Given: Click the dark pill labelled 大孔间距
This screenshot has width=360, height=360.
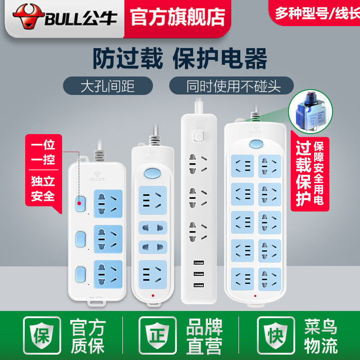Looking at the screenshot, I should coord(108,85).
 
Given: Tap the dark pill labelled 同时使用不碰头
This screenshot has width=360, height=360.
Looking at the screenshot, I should coord(231,85).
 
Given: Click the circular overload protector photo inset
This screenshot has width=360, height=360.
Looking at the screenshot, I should coord(311,112).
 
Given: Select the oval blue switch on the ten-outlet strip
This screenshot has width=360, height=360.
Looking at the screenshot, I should coord(255,144).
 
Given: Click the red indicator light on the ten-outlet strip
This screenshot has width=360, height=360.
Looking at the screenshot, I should coord(256,297).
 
